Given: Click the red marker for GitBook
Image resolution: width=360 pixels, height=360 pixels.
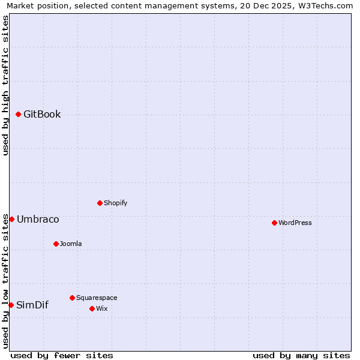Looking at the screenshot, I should click(18, 114).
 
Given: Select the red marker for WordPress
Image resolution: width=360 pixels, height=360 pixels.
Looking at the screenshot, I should click(274, 223).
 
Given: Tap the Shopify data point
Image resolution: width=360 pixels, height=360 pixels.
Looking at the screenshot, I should click(100, 203).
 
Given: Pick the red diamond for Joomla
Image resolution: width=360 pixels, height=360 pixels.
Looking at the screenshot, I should click(56, 244).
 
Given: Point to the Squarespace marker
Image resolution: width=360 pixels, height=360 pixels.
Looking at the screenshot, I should click(72, 298).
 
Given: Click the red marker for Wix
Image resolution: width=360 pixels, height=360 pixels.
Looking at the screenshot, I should click(92, 308).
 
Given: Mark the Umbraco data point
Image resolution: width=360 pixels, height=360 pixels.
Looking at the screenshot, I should click(11, 219).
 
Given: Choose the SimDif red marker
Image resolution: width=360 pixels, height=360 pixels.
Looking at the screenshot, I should click(11, 305).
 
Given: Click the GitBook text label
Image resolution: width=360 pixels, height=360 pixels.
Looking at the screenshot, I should click(42, 115).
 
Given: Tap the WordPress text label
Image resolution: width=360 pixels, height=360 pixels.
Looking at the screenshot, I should click(295, 223).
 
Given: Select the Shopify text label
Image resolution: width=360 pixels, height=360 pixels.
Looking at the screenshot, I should click(116, 203).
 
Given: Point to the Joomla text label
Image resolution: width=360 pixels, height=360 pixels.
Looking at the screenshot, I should click(71, 244).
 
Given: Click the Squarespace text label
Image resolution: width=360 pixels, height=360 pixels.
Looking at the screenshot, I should click(97, 298).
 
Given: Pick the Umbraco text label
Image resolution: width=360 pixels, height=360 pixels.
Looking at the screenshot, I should click(38, 220).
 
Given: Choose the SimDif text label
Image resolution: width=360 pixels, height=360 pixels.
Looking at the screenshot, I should click(32, 305).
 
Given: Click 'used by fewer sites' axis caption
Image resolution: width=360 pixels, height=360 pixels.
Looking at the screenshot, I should click(62, 355).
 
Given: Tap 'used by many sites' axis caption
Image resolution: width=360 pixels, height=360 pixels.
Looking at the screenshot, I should click(301, 355).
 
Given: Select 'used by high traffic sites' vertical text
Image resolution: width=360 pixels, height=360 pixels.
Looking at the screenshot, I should click(5, 85).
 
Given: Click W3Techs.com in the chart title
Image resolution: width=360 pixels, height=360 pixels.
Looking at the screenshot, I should click(325, 5).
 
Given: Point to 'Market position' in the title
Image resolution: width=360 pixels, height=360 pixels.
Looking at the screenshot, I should click(35, 5).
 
